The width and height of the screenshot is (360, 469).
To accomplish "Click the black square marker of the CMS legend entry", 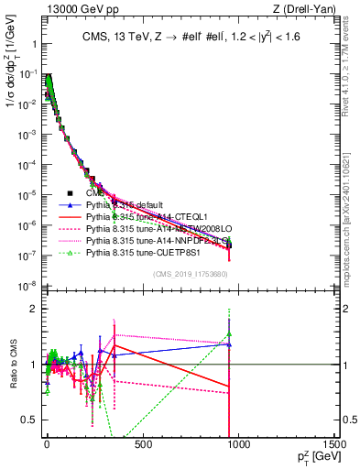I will [x=69, y=193].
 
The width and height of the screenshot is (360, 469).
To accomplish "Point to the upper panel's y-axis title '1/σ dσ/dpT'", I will [x=11, y=92].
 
